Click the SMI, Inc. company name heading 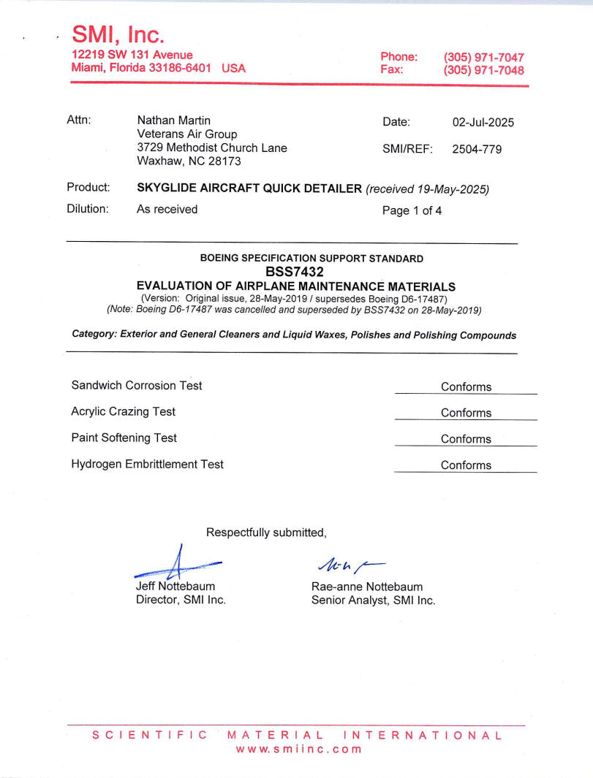coord(118,34)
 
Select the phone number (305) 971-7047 coord(483,57)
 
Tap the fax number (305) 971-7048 coord(483,71)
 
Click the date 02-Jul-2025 coord(483,122)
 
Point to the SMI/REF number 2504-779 coord(477,150)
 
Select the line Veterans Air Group coord(187,134)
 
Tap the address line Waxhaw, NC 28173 coord(189,161)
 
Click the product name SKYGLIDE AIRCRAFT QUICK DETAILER coord(249,189)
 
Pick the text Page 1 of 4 coord(412,211)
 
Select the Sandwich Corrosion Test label coord(137,386)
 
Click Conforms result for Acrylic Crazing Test coord(466,413)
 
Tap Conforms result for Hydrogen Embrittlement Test coord(466,465)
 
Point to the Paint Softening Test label coord(124,438)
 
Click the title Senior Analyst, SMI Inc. coord(373,600)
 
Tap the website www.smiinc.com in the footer coord(298,749)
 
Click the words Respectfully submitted coord(266,533)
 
